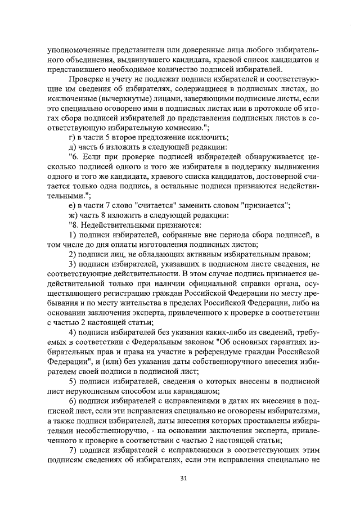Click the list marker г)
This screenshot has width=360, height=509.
coord(71,137)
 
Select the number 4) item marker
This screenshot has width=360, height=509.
coord(71,332)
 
